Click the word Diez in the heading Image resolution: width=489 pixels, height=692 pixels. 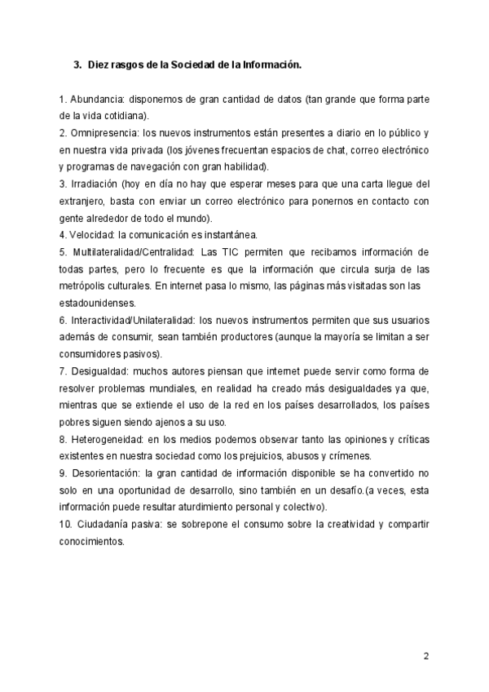click(x=99, y=63)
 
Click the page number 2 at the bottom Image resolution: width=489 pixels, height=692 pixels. click(x=425, y=656)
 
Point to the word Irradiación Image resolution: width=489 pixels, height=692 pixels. click(x=95, y=184)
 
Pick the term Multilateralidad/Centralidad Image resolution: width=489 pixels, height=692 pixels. click(x=130, y=252)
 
